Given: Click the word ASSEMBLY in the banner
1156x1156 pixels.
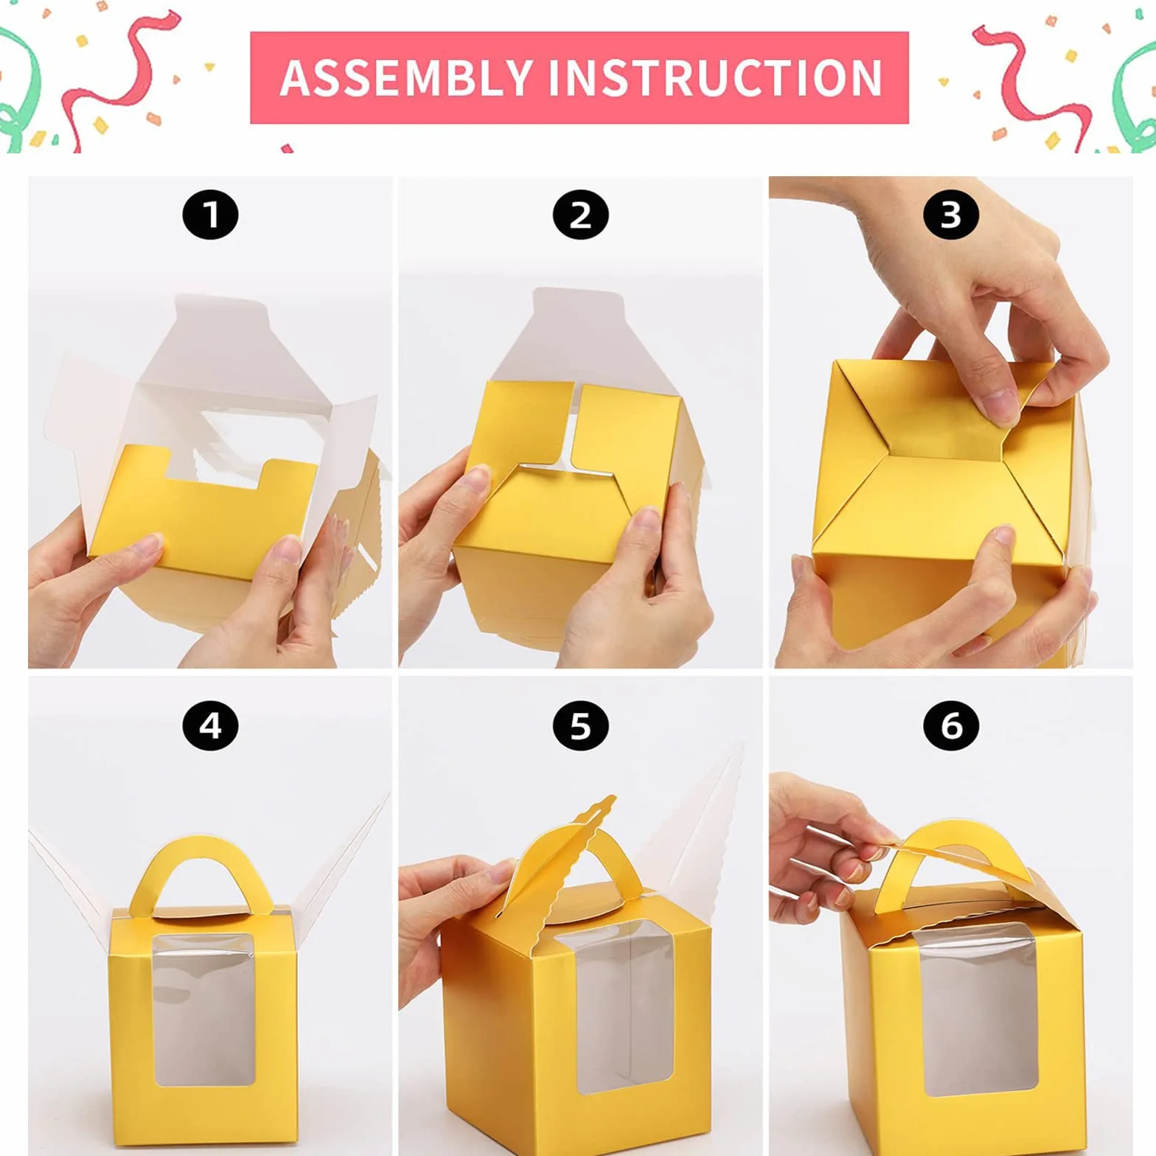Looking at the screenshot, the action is [406, 77].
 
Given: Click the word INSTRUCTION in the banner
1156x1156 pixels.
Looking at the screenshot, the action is [714, 77].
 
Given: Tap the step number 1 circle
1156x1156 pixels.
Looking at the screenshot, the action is [210, 215].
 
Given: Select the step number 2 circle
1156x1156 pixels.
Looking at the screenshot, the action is [581, 215].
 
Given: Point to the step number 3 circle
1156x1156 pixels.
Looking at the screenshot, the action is [951, 215].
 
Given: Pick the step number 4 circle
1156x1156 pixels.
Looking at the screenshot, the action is [210, 726].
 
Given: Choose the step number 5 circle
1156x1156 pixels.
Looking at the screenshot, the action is [581, 726].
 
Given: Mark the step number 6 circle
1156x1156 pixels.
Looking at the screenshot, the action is [951, 726].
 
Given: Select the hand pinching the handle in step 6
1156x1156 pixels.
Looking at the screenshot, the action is [826, 848].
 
